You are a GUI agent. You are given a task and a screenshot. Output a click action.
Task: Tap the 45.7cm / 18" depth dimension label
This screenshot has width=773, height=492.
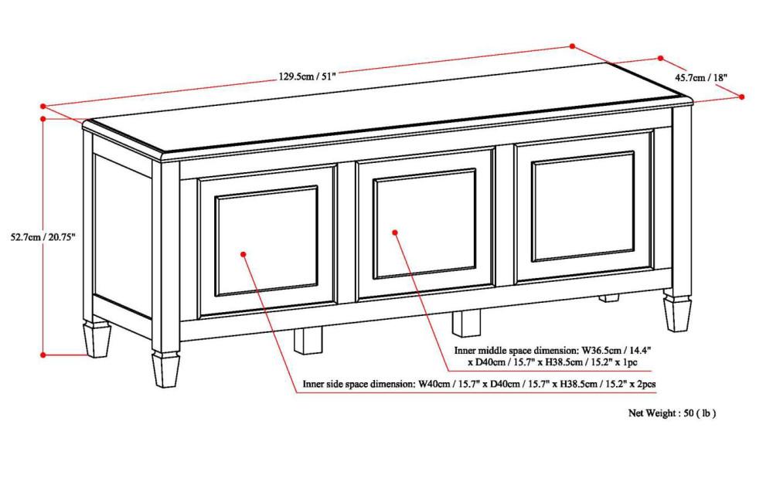pos(701,77)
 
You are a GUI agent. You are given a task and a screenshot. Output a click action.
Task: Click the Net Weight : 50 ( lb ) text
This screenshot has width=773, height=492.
pos(672,413)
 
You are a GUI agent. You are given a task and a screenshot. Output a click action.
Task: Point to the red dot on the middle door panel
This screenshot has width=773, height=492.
pos(394,231)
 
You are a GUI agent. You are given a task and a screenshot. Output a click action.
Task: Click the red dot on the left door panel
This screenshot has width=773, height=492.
pos(243,253)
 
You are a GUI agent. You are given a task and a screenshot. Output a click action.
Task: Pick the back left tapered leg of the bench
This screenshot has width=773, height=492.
pos(97,340)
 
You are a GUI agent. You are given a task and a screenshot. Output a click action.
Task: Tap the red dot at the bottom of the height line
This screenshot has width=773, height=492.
pos(44,355)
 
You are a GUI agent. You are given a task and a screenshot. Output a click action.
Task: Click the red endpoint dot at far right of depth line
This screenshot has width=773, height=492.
pos(741,97)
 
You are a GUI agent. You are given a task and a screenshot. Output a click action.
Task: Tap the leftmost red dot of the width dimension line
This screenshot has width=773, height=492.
pos(44,106)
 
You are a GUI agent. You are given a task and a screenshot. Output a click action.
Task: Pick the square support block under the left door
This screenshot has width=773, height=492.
pos(308,340)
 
